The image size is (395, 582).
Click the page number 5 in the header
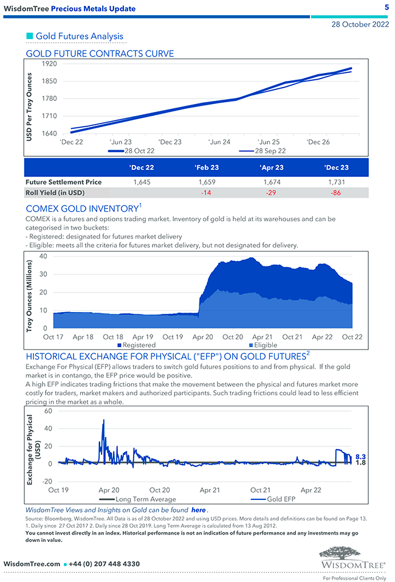tap(386, 8)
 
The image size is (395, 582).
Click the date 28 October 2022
tap(360, 25)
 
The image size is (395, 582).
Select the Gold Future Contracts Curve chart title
tap(100, 54)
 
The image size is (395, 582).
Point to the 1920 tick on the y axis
tap(49, 64)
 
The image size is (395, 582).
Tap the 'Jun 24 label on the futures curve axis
tap(219, 142)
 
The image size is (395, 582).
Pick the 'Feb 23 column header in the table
tap(207, 167)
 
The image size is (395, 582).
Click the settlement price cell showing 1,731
tap(337, 182)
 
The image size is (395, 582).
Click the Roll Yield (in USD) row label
tap(55, 193)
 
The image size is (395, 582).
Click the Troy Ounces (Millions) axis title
tap(30, 293)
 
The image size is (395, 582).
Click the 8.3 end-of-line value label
tap(360, 456)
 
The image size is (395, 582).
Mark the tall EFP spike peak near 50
tap(104, 420)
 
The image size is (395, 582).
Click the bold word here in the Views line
tap(198, 510)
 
